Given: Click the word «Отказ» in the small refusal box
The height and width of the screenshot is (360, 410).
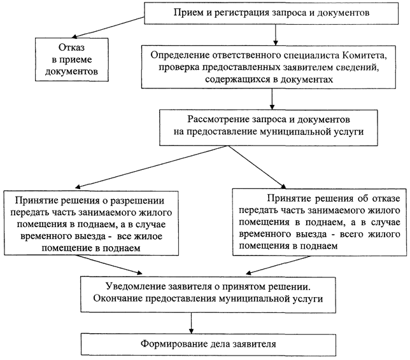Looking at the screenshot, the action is coord(71,48).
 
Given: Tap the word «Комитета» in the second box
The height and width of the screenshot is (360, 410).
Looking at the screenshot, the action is coord(365,55).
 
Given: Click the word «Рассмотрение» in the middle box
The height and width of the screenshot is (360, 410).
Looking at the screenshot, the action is coord(218,120).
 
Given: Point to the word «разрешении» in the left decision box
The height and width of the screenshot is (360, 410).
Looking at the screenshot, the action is coord(138,201).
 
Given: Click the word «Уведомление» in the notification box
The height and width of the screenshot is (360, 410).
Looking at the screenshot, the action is coord(136,286).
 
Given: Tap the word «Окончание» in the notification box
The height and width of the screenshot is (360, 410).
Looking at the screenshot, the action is coord(118,298).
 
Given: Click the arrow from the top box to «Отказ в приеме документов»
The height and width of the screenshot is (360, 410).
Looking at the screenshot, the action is coord(108,27).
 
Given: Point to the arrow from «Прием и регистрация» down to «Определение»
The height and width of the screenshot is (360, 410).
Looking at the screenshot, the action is coord(275,35).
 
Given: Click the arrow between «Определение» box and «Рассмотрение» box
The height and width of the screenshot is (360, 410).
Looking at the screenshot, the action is coord(272,99).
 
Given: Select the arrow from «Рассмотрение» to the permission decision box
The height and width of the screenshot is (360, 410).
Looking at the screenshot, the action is coord(152,167).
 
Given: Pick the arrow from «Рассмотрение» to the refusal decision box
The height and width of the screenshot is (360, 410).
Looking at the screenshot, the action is coord(257,167).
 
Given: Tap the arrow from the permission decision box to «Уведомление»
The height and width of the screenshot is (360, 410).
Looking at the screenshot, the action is coord(109,265).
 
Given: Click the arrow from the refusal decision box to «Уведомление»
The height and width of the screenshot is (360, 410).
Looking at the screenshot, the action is coord(278,265).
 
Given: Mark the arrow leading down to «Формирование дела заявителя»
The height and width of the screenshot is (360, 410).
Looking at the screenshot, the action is coord(191,323).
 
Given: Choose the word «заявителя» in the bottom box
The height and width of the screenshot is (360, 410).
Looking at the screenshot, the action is coord(254,344).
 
